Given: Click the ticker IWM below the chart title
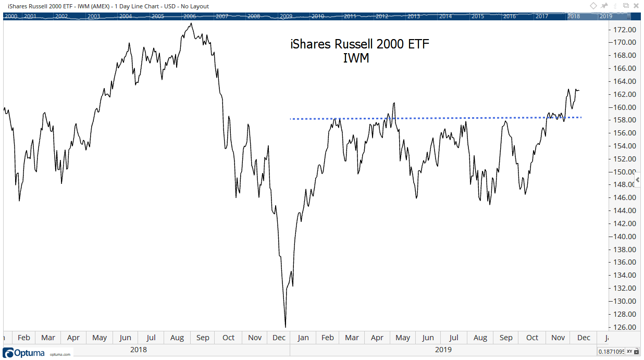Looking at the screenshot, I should pyautogui.click(x=356, y=58).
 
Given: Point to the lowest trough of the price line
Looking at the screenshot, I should pyautogui.click(x=286, y=327).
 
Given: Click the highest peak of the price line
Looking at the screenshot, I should pyautogui.click(x=191, y=23).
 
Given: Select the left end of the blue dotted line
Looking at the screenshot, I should pyautogui.click(x=291, y=119).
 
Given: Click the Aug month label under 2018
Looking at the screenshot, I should pyautogui.click(x=177, y=338).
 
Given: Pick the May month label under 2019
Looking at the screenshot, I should pyautogui.click(x=403, y=338).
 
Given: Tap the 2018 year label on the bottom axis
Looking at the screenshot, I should pyautogui.click(x=138, y=350).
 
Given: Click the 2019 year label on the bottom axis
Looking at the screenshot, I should pyautogui.click(x=444, y=350).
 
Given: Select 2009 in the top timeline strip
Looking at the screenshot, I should pyautogui.click(x=286, y=16).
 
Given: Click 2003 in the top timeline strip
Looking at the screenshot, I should pyautogui.click(x=94, y=16).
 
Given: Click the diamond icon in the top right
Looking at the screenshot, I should pyautogui.click(x=593, y=6).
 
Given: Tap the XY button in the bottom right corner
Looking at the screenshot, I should pyautogui.click(x=630, y=351).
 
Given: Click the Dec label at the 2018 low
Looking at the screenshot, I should pyautogui.click(x=279, y=338).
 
